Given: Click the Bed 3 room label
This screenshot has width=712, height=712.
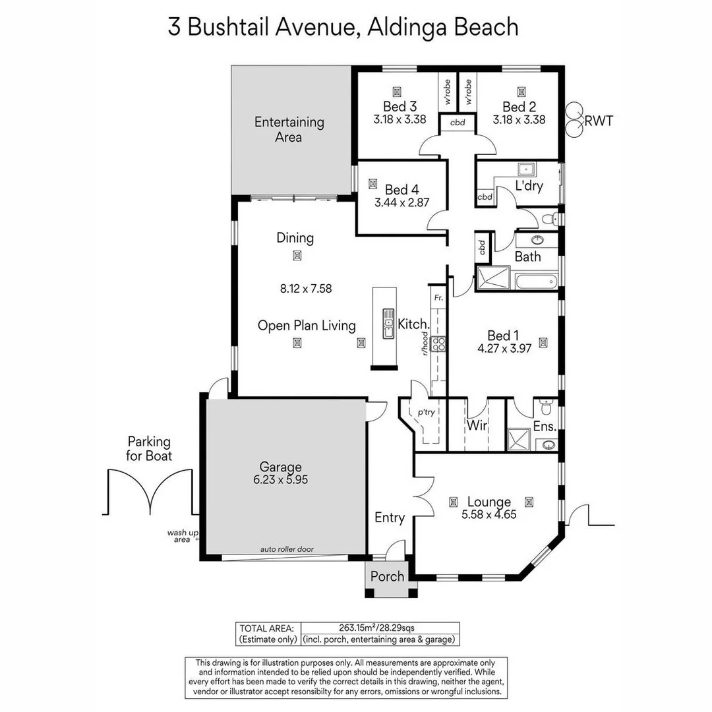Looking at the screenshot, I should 400,107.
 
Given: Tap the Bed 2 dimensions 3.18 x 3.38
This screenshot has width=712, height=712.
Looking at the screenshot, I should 519,120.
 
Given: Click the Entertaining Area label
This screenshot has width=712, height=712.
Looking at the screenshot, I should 289,129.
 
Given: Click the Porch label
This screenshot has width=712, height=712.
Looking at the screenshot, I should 387,576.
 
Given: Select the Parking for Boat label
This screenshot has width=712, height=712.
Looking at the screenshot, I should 149,448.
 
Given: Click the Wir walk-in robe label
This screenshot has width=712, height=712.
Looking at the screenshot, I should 477,426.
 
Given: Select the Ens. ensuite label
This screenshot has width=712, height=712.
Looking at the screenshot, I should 545,427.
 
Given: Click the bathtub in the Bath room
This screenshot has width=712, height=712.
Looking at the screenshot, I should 536,283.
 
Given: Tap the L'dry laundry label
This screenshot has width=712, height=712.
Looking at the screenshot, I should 529,186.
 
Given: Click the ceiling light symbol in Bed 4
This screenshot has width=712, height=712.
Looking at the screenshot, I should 373,184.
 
